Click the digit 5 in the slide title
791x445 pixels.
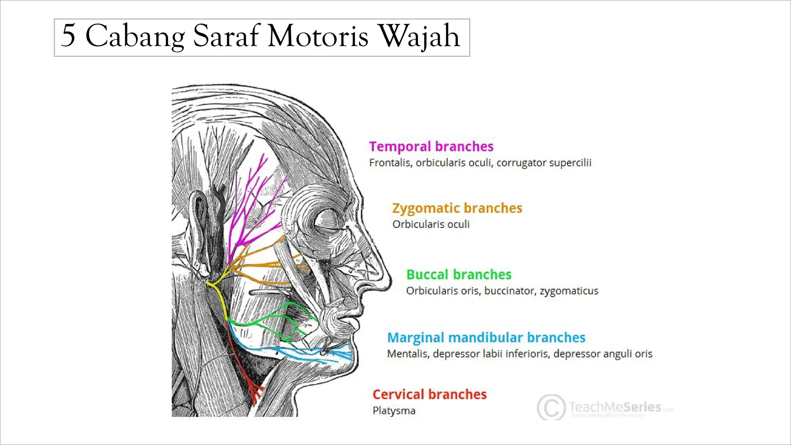68,36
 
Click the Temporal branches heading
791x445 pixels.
431,147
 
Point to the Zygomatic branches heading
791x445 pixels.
457,208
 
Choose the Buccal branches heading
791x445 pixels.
458,275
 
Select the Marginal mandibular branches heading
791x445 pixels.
486,338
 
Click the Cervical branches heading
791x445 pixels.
429,394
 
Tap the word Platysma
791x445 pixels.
394,411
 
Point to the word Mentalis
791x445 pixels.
407,354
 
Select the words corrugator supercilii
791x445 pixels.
543,163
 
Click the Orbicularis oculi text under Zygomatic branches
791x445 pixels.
431,224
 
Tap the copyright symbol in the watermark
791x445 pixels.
550,407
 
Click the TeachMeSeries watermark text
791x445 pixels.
615,407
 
